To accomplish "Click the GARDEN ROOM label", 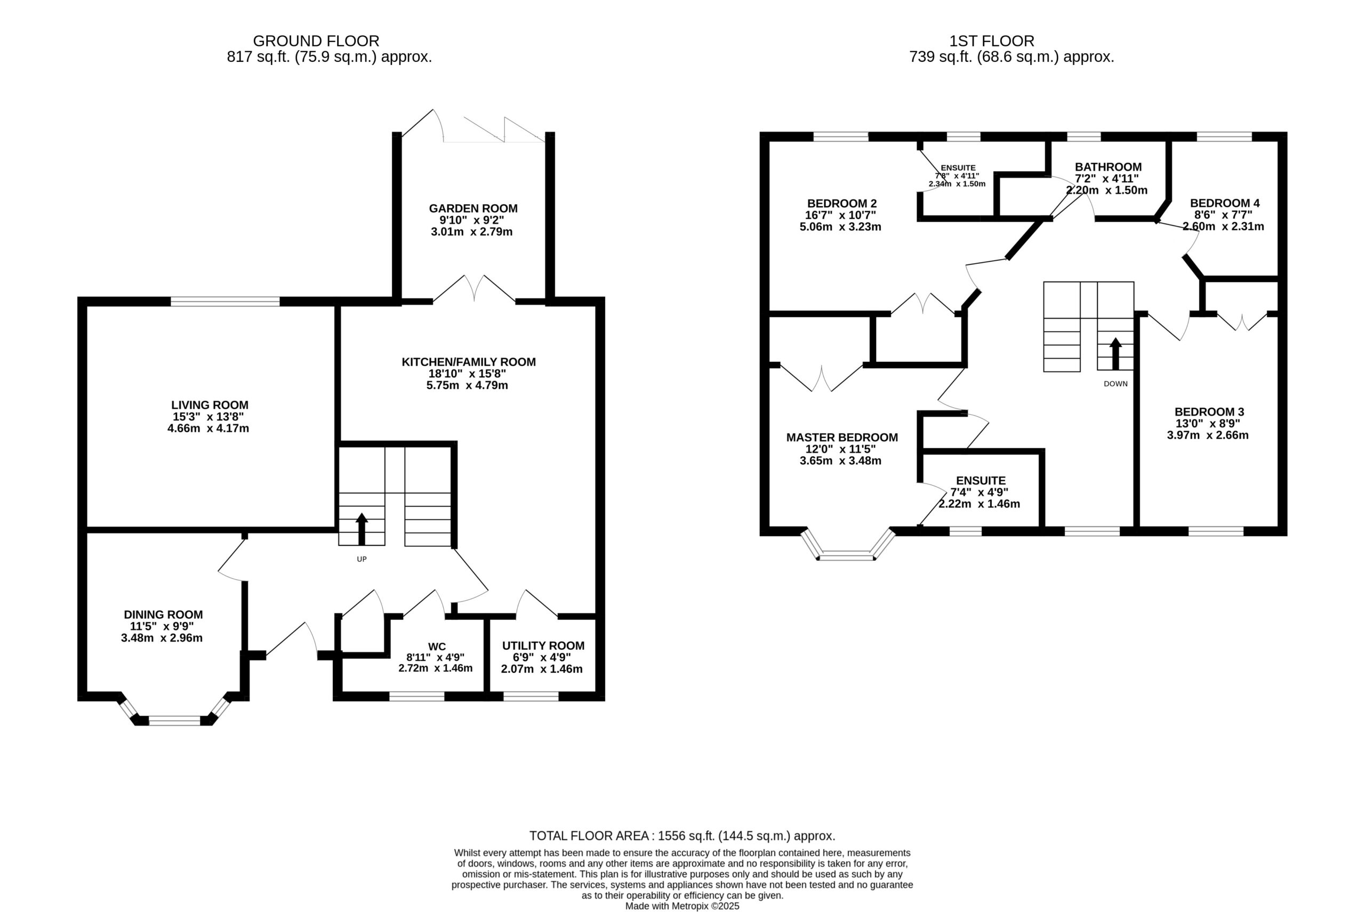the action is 473,208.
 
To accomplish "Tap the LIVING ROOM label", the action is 210,405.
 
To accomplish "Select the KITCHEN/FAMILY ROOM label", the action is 468,362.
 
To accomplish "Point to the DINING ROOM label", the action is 163,614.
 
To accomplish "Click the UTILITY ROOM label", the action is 543,645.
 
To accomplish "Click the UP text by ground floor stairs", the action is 362,559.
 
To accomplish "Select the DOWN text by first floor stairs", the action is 1115,384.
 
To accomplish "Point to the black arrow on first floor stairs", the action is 1115,353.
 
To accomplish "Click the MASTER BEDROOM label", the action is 842,438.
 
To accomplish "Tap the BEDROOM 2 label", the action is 841,204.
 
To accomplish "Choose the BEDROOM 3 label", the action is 1209,412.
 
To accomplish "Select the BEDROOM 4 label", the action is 1225,203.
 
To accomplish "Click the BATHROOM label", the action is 1108,167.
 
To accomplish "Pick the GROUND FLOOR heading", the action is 316,41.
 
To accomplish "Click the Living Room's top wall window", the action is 225,301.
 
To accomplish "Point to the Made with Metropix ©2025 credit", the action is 682,906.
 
